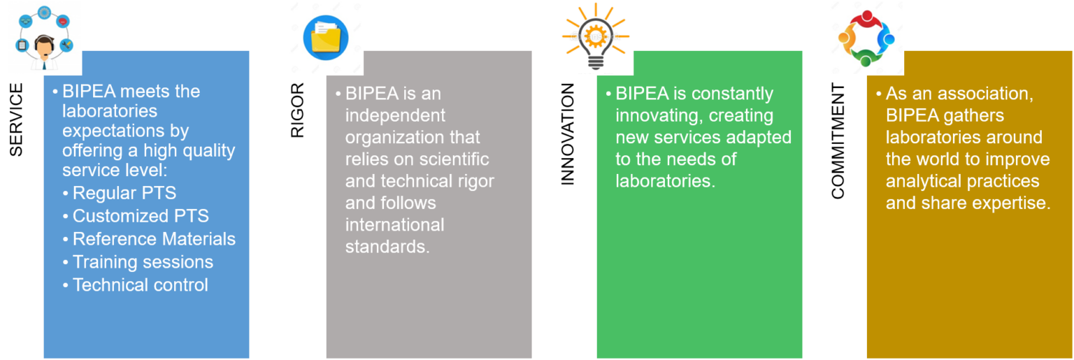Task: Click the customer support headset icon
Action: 44,38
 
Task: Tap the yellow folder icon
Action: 325,37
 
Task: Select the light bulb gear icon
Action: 596,37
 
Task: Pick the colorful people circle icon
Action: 866,38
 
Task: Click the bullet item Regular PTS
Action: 124,193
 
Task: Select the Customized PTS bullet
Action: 141,216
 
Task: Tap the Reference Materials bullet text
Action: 154,239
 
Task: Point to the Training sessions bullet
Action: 143,262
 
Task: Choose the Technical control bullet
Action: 140,285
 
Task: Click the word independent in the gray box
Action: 395,115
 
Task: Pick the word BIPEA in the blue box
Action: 89,92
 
